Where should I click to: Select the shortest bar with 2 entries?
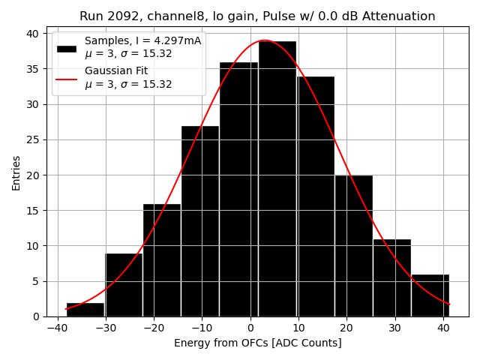(x=85, y=309)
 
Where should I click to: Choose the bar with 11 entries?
(x=391, y=277)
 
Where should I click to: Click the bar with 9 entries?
(x=124, y=284)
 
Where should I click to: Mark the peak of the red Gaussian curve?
(x=264, y=40)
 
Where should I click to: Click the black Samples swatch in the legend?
(x=67, y=48)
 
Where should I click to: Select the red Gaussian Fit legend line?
(x=67, y=77)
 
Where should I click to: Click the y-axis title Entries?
(x=16, y=172)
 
